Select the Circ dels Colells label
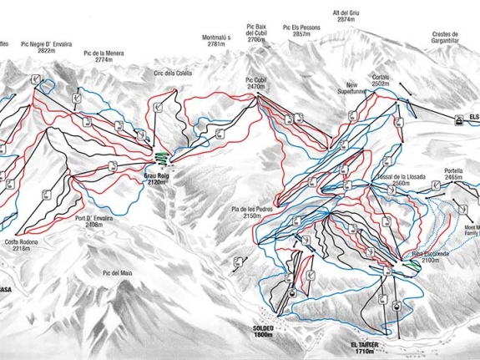click(x=174, y=73)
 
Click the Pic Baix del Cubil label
click(x=256, y=33)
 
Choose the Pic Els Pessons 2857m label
click(x=302, y=31)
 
